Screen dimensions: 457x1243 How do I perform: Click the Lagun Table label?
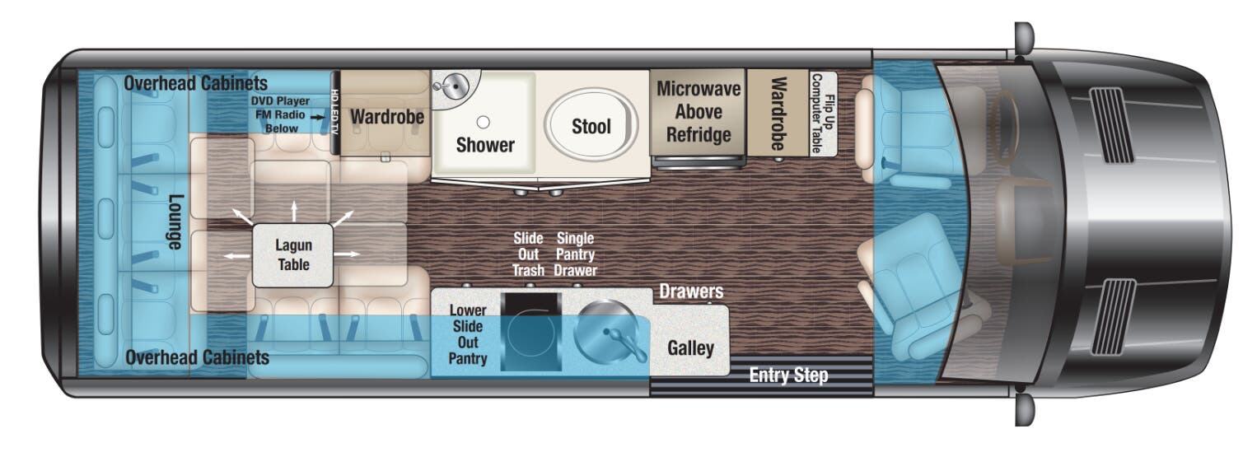point(293,254)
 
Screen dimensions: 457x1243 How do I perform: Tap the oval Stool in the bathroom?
point(591,125)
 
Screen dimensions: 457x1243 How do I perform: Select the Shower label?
point(485,145)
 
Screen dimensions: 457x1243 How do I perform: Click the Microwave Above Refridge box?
point(699,113)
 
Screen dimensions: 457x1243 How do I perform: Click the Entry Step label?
point(787,376)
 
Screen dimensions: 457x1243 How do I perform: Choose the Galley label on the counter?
point(690,347)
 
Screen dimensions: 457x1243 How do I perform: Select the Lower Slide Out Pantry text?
point(467,334)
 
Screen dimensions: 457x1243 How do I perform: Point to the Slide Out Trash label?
point(528,254)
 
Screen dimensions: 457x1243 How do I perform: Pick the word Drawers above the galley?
point(691,291)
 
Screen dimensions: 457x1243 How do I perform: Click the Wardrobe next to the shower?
point(386,117)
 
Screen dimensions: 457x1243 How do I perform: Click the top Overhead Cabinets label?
point(196,84)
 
